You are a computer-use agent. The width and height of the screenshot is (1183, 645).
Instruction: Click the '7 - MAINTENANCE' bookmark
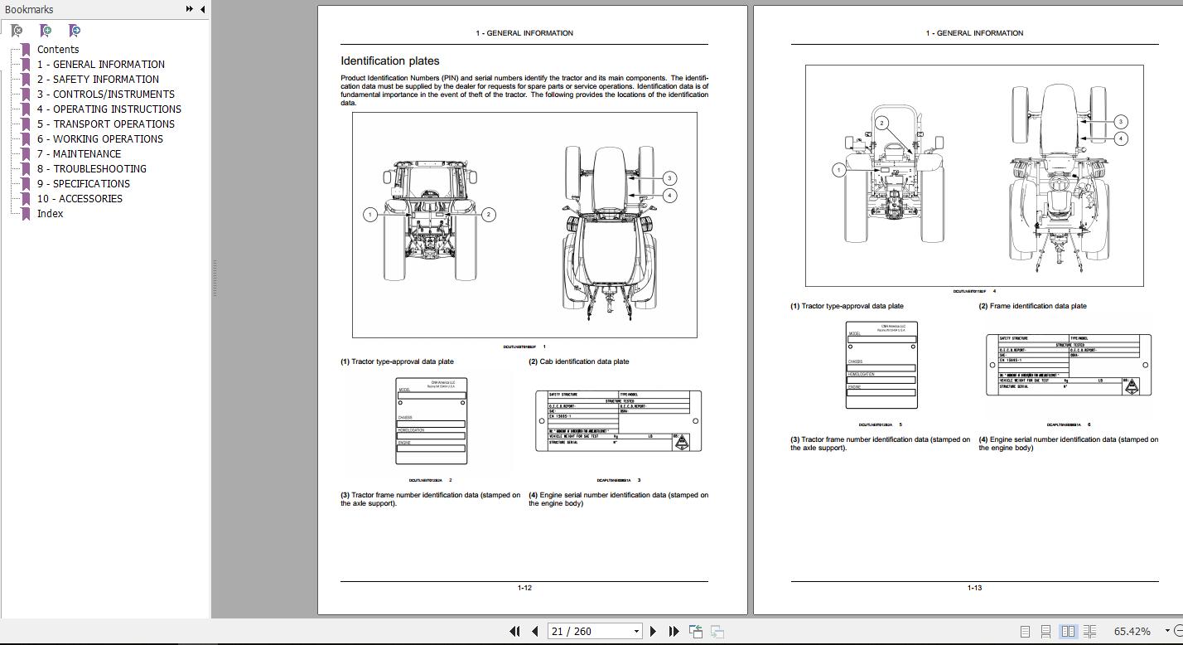tap(79, 154)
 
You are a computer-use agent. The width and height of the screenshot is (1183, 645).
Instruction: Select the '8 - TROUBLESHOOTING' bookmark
tap(91, 169)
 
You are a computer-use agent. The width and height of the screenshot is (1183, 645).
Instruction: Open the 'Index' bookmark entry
tap(50, 214)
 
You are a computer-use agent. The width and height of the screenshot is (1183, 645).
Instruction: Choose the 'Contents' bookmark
tap(57, 50)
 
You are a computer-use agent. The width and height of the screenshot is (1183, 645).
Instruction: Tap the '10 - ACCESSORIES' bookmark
tap(80, 199)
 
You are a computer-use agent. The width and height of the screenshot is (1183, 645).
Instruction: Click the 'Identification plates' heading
tap(390, 61)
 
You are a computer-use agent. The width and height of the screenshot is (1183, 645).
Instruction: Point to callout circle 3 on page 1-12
tap(669, 178)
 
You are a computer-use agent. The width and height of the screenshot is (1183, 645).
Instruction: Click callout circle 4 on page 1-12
tap(669, 196)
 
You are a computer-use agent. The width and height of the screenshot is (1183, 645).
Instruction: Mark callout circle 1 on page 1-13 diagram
tap(838, 170)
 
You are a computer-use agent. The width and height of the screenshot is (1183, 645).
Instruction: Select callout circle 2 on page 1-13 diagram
tap(882, 124)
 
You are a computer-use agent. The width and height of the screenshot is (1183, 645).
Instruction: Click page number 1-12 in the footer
tap(524, 588)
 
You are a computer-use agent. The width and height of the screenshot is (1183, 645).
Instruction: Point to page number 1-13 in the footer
tap(974, 588)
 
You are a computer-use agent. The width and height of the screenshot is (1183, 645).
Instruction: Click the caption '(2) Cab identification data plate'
tap(579, 361)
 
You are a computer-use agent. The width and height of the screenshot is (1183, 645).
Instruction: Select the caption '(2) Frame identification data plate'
tap(1032, 306)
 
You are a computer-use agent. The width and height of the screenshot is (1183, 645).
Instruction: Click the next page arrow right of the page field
tap(654, 632)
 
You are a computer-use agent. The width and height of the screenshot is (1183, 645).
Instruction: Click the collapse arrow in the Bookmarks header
tap(202, 9)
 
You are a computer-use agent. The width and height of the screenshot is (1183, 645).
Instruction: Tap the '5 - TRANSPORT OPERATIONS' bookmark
tap(105, 124)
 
